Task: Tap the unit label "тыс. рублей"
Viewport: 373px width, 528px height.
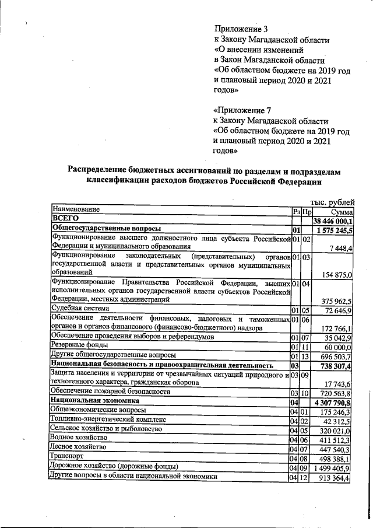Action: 332,202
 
